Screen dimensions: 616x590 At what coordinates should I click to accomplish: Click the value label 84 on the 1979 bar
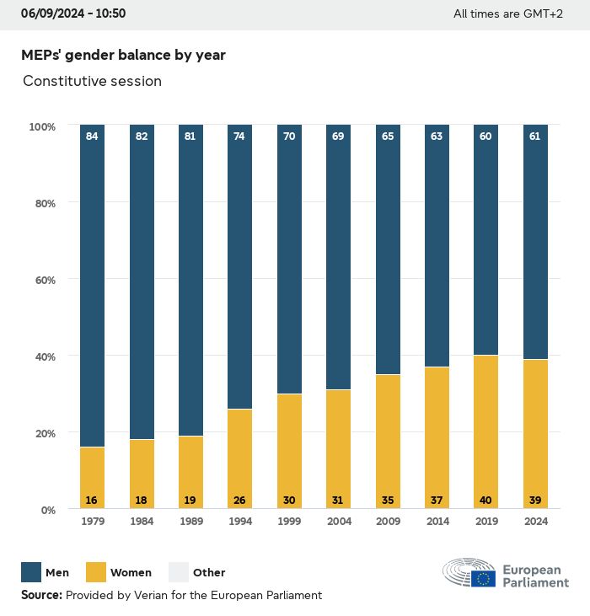click(92, 136)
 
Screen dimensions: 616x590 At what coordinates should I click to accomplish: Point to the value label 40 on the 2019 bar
click(486, 501)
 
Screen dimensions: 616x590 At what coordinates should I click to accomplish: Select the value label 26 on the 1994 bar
click(239, 501)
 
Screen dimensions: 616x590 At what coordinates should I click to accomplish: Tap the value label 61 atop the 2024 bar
click(535, 136)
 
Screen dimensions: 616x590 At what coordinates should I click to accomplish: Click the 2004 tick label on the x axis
click(338, 522)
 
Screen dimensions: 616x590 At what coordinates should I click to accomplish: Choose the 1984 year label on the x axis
click(141, 522)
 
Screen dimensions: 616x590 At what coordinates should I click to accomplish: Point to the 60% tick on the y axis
click(43, 280)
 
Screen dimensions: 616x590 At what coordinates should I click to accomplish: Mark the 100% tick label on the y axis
click(41, 126)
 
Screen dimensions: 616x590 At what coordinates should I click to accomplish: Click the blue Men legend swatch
click(31, 572)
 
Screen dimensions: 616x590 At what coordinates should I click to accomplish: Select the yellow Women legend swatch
click(95, 572)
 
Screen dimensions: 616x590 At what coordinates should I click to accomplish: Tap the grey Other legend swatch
click(179, 572)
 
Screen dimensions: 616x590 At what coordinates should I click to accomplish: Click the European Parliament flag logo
click(483, 577)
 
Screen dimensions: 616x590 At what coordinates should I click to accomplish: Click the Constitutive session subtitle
click(92, 81)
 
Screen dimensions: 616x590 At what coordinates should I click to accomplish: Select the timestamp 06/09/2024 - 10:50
click(73, 13)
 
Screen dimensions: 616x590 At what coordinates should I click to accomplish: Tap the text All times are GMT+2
click(507, 13)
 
